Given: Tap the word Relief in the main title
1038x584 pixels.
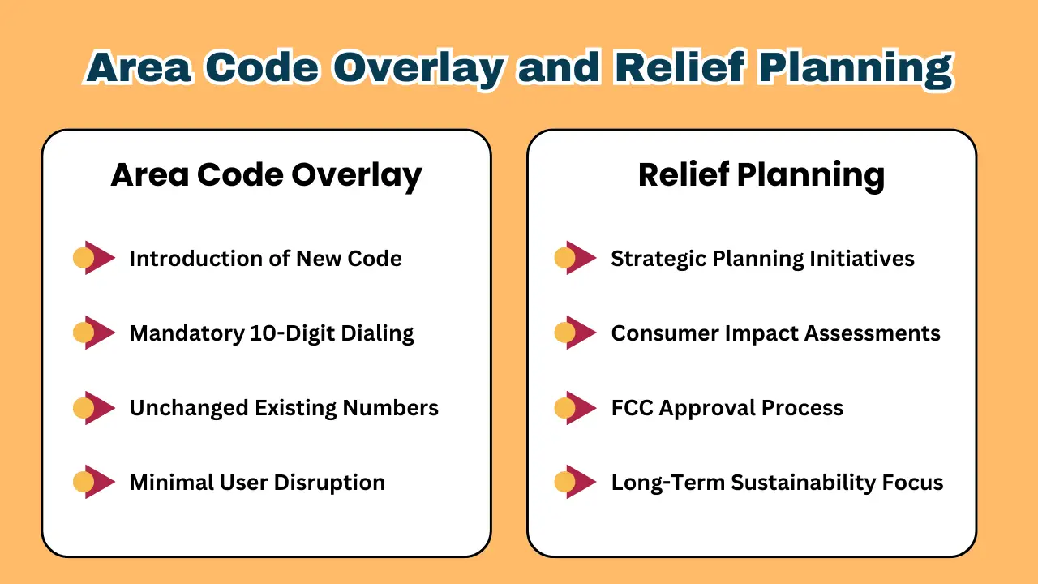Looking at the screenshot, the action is (x=680, y=67).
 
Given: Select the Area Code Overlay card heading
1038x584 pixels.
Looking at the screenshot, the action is (x=267, y=176).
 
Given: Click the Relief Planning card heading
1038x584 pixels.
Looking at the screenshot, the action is (x=761, y=176).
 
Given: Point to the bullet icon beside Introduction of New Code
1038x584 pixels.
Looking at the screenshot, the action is (x=94, y=258).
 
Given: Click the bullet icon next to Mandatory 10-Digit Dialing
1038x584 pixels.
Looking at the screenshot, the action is (x=94, y=333).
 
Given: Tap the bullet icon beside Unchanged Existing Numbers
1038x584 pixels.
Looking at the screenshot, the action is (x=94, y=408).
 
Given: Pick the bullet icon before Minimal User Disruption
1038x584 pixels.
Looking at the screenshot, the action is (x=94, y=482).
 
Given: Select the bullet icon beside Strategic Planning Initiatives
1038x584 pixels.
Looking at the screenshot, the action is (x=576, y=258).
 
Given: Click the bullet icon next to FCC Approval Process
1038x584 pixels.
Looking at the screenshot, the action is (x=576, y=408).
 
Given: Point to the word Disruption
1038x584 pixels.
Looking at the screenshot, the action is (x=329, y=483).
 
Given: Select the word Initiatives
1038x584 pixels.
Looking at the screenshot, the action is (x=862, y=259).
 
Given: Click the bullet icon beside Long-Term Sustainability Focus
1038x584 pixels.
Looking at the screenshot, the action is (x=576, y=482).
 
